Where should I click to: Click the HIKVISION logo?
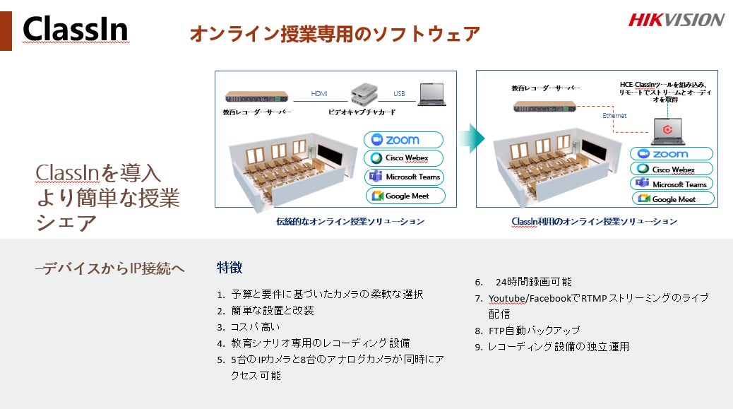pos(677,20)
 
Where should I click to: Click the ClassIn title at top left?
pos(76,29)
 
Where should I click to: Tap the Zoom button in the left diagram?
pos(403,140)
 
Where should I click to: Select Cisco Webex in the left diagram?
pos(403,158)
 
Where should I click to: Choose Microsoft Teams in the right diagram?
pos(672,184)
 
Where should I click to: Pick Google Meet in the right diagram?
pos(673,198)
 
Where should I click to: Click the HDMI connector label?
pos(319,93)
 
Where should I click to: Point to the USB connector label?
pos(399,93)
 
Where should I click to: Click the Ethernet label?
pos(614,115)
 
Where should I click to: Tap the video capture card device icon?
pos(364,94)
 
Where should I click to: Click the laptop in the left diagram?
pos(431,95)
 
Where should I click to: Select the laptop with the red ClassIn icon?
pos(667,131)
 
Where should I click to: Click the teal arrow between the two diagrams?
pos(472,138)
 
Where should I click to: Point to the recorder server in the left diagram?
pos(256,97)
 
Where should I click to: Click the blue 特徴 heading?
pos(229,268)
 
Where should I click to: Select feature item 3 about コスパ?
pos(249,327)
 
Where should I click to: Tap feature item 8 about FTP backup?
pos(528,331)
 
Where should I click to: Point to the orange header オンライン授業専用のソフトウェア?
pos(335,34)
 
